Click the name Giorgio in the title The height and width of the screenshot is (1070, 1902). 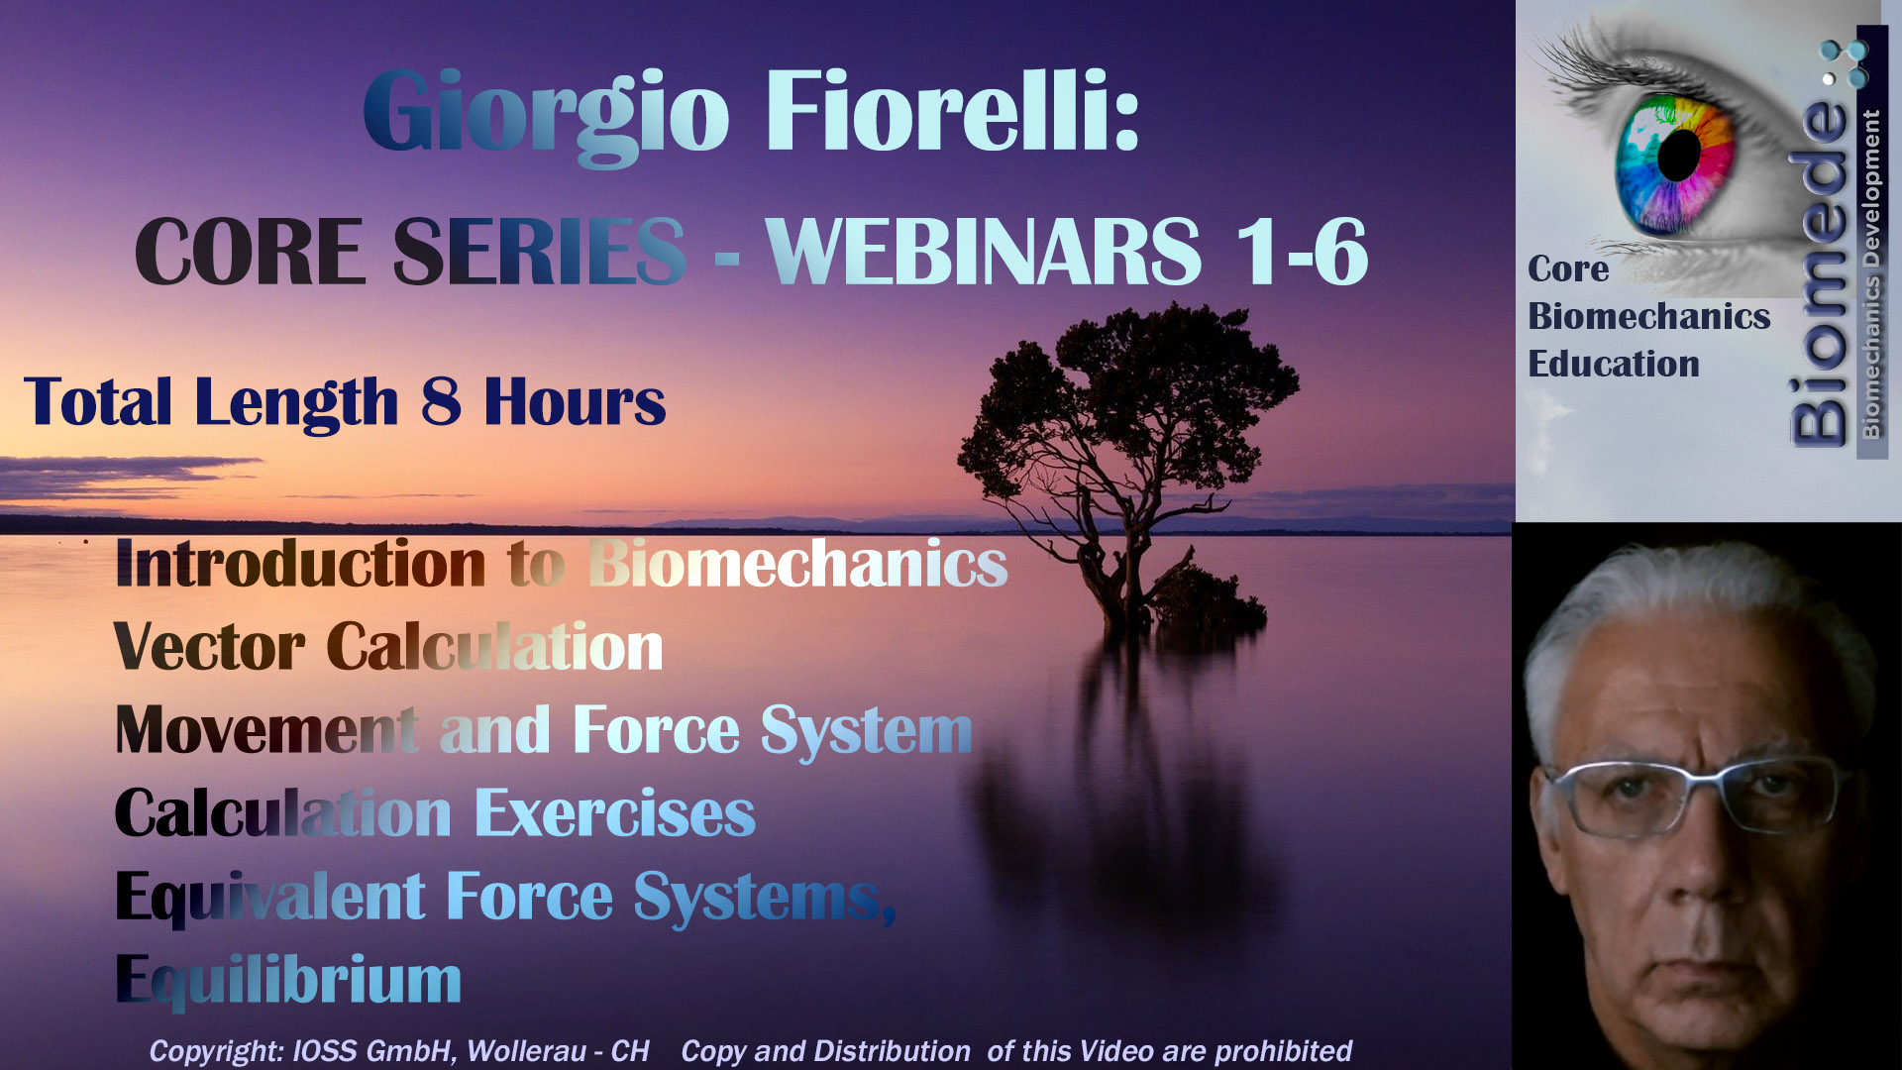(547, 114)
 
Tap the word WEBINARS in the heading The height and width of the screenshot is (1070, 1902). (984, 252)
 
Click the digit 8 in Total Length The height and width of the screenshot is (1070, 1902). (441, 401)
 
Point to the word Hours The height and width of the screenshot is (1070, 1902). (575, 401)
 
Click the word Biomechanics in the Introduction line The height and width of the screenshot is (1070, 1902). (798, 564)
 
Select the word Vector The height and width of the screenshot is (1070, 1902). (209, 647)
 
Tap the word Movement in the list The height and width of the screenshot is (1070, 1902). (266, 730)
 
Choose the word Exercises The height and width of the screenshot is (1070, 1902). (615, 813)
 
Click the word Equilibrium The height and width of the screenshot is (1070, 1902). (288, 981)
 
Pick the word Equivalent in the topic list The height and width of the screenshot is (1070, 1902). (270, 899)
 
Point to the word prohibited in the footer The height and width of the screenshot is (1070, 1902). (1283, 1050)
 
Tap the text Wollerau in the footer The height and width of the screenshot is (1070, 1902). (526, 1050)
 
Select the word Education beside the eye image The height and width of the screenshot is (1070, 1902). (1614, 364)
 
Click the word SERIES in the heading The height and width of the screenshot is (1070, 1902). (539, 252)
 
